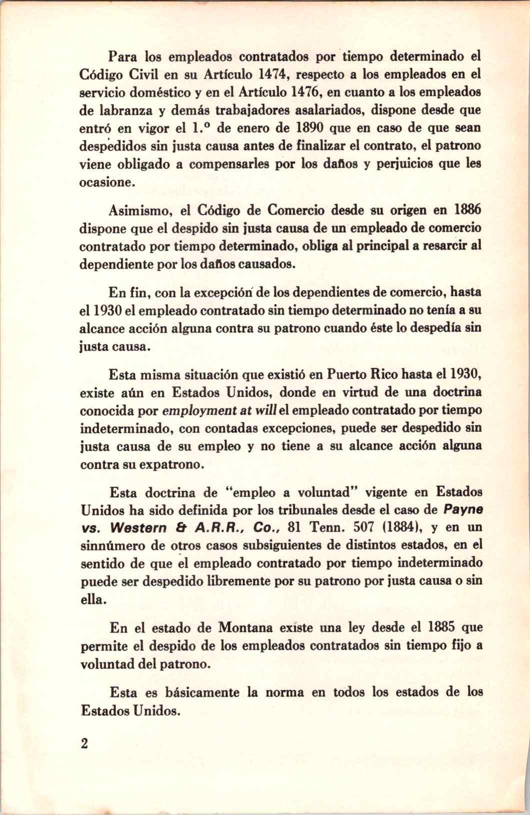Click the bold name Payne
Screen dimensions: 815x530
(464, 510)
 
